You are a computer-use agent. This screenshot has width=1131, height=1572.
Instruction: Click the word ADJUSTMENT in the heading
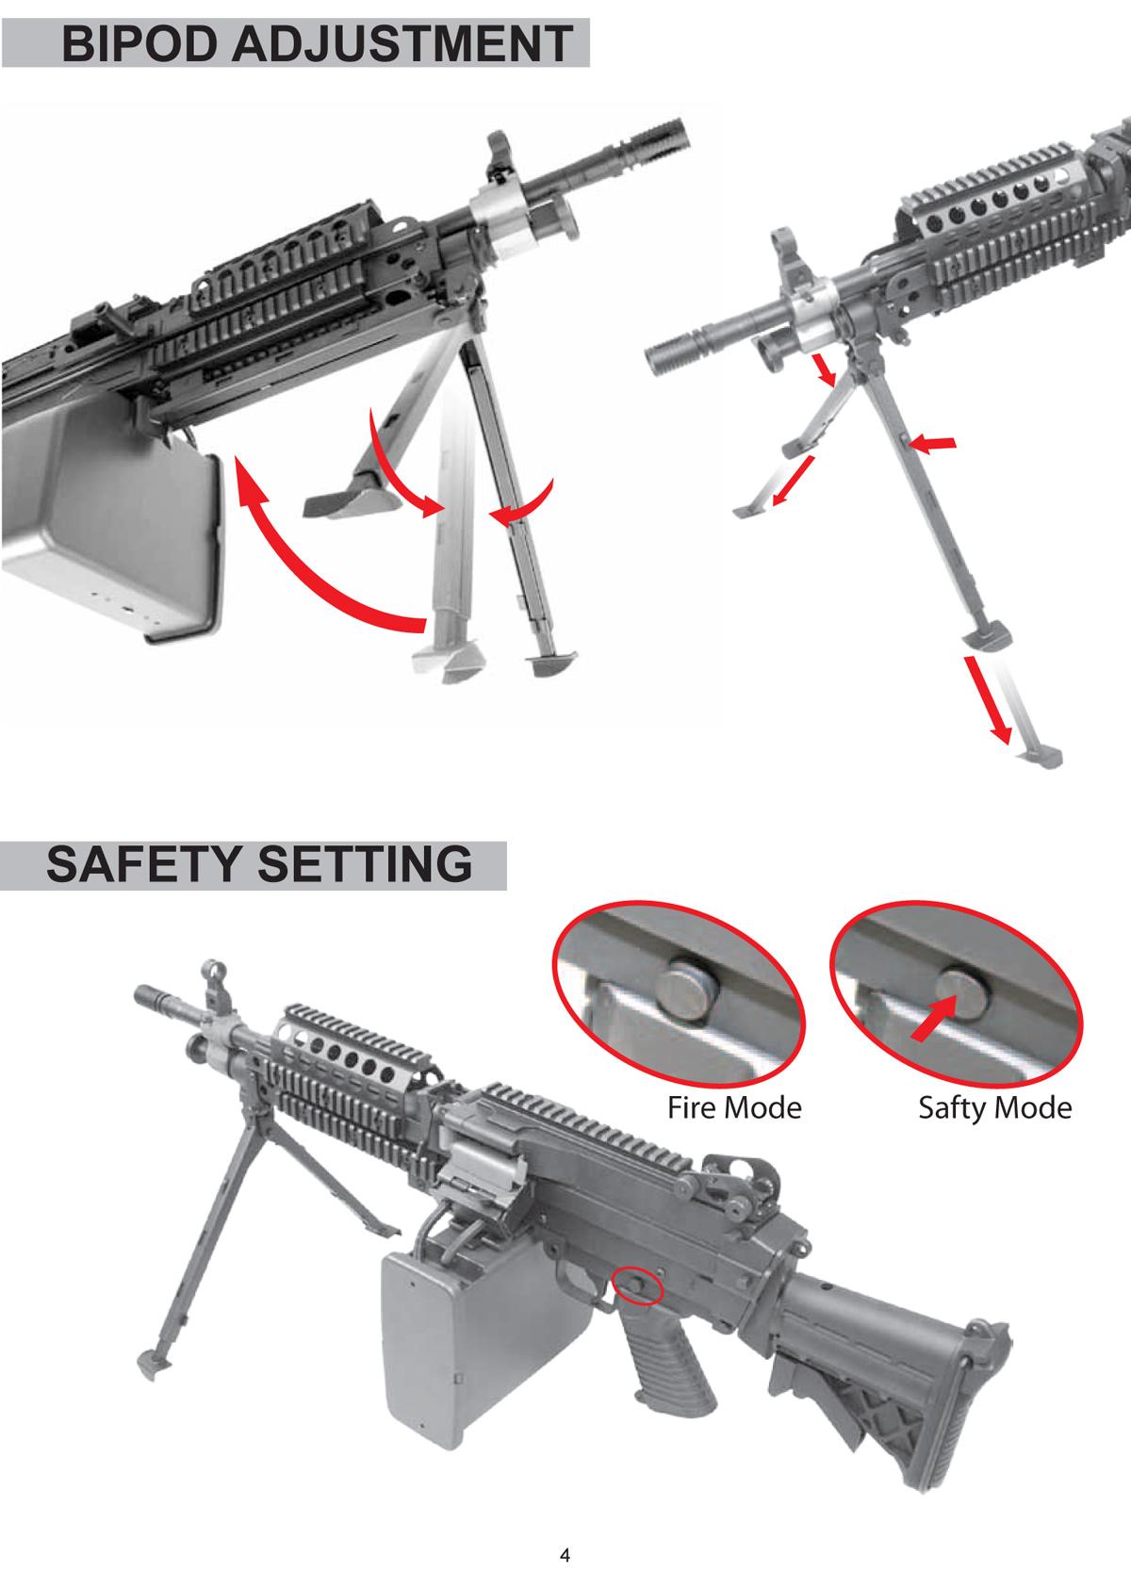point(402,43)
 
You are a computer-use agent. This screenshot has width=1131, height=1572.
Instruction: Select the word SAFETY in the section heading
point(146,864)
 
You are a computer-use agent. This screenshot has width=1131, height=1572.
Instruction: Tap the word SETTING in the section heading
point(365,864)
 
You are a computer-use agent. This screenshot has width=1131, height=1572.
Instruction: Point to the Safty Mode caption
point(995,1109)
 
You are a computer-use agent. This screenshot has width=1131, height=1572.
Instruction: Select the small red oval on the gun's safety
point(637,1285)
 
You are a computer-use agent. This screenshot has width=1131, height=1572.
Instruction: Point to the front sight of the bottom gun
point(210,985)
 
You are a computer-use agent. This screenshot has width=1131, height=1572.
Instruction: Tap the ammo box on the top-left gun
point(112,519)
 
